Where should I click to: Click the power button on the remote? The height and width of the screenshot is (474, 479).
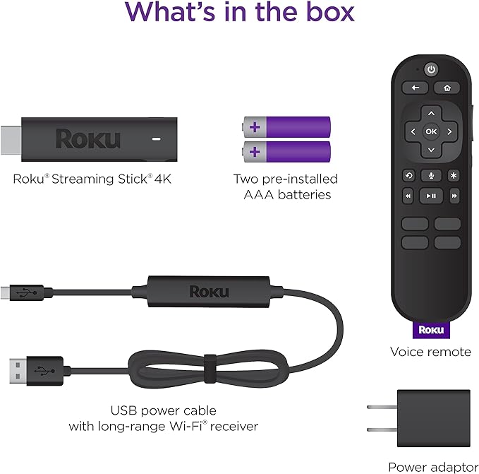(x=430, y=69)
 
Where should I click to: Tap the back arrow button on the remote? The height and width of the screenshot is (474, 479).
(x=415, y=88)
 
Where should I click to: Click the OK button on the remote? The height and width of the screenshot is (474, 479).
(x=430, y=131)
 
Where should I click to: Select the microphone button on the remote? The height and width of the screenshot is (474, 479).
(x=430, y=176)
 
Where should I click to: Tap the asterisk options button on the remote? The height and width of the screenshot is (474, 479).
(x=453, y=176)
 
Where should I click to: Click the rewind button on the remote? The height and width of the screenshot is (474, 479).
(x=408, y=196)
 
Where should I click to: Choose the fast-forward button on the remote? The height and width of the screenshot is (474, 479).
(x=454, y=196)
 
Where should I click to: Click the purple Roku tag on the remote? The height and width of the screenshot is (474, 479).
(x=430, y=329)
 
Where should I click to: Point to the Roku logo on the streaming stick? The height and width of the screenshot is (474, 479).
(x=87, y=138)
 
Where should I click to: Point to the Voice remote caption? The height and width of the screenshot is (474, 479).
(x=430, y=352)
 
